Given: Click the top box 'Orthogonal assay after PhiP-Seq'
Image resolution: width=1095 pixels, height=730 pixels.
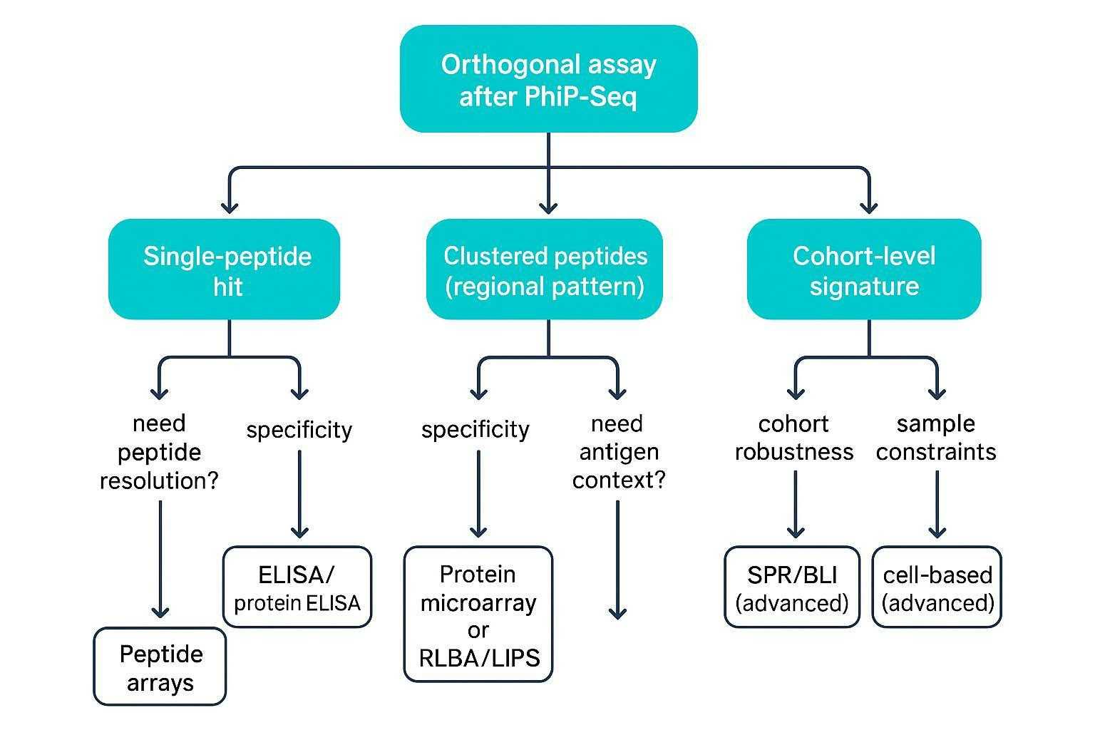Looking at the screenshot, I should (547, 78).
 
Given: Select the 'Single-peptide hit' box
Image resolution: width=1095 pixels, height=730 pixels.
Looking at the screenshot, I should (224, 269).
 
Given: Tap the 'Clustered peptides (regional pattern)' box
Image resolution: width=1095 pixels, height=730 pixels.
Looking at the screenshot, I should (545, 269).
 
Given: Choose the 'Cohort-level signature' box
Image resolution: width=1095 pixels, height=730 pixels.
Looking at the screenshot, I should (863, 269).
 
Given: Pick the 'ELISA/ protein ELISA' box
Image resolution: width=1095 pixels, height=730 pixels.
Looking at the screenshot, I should (297, 587).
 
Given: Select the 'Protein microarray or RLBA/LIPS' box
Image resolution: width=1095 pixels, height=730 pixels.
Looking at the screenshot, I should (478, 615).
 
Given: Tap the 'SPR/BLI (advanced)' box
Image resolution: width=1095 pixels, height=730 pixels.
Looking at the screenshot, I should (792, 587).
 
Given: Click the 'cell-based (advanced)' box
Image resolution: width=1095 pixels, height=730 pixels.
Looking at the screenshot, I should (937, 587).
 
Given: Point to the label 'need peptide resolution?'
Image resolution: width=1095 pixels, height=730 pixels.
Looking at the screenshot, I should (159, 452).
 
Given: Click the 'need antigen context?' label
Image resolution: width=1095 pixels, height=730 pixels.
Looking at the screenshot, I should (618, 452).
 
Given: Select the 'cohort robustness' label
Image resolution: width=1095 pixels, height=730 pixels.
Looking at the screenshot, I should (793, 438).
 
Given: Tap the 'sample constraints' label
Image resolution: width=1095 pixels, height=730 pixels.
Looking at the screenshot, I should (935, 438).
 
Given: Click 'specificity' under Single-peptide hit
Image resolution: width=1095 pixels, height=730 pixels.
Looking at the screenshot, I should (299, 430).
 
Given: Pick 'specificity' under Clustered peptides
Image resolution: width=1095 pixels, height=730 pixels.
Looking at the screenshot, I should (475, 430).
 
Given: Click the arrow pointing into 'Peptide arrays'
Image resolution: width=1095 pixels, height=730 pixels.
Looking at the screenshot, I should (160, 560).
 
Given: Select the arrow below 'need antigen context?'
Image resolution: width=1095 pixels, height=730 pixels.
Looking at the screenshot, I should (618, 560).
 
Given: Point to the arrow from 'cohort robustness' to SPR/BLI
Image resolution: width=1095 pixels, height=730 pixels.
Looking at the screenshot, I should (796, 505).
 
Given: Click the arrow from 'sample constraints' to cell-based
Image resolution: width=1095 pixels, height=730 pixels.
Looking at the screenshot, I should (937, 505).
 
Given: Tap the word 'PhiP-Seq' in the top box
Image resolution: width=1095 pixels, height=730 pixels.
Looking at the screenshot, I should (580, 96).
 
